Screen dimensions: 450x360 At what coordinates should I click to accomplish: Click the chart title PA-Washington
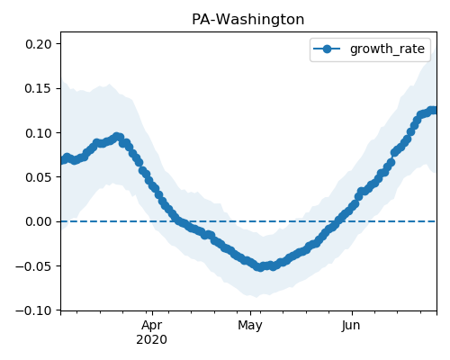tap(247, 20)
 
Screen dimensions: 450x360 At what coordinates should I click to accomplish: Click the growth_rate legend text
tap(387, 49)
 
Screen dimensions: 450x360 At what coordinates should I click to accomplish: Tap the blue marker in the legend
tap(327, 49)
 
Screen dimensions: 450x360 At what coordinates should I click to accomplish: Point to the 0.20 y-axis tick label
tap(39, 44)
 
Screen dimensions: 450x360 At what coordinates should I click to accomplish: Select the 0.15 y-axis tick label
tap(39, 88)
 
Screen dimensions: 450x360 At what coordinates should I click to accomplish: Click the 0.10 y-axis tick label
tap(39, 133)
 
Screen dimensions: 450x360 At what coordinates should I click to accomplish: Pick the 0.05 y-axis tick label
tap(39, 177)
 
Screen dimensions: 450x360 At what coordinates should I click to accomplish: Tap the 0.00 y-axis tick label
tap(39, 221)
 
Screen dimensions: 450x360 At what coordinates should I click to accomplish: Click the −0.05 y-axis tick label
tap(34, 266)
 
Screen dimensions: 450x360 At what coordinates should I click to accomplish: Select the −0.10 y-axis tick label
tap(34, 310)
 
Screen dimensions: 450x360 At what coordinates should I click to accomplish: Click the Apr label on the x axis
tap(152, 326)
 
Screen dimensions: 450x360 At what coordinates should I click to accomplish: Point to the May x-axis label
tap(250, 326)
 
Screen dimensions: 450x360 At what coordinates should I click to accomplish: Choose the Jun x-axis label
tap(351, 326)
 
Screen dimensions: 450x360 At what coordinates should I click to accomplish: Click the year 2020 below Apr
tap(151, 340)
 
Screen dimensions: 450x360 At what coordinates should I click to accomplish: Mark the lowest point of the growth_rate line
tap(260, 267)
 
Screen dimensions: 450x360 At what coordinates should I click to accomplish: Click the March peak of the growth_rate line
tap(117, 137)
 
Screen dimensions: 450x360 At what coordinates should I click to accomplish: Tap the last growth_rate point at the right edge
tap(433, 111)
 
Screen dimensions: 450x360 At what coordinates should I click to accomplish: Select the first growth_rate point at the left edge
tap(64, 160)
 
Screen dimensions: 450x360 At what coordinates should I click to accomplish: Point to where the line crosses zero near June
tap(338, 221)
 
